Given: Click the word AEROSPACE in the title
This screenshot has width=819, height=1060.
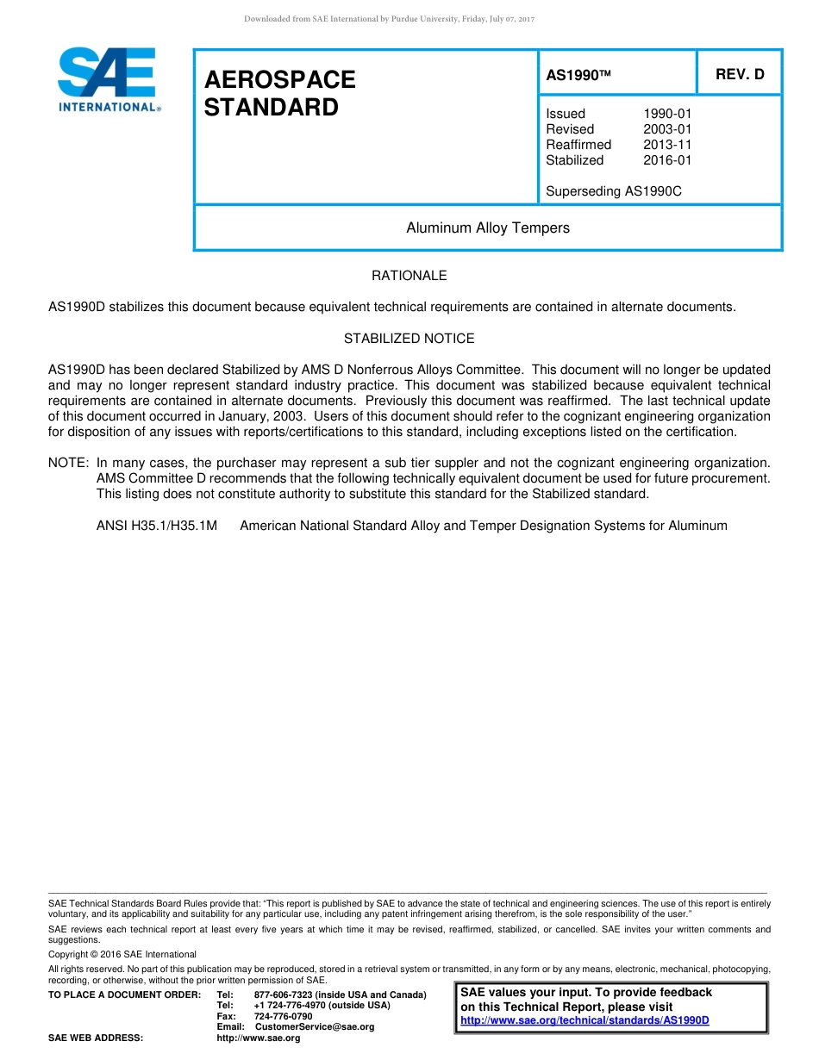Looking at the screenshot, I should click(x=279, y=79).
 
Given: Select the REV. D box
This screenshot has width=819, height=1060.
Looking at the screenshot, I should click(x=740, y=74).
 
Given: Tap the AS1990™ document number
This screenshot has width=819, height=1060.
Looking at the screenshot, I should click(x=578, y=76).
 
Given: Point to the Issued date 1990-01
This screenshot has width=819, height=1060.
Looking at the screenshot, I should click(x=667, y=114).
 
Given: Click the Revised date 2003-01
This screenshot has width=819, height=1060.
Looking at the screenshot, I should click(x=667, y=129).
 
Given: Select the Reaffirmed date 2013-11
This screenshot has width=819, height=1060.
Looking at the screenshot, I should click(x=667, y=145).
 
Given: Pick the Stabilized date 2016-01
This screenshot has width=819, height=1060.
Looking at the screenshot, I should click(x=667, y=160).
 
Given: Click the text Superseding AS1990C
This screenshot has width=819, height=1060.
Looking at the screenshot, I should click(x=613, y=191).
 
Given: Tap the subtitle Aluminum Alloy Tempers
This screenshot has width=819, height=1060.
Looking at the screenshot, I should click(x=488, y=228).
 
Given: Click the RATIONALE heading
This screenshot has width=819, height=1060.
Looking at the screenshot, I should click(x=409, y=276).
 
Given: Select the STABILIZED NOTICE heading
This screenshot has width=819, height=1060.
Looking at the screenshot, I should click(x=409, y=339).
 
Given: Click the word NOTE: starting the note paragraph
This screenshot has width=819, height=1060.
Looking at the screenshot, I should click(x=69, y=463).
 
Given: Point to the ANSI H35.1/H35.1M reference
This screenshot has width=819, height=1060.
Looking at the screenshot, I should click(x=157, y=526).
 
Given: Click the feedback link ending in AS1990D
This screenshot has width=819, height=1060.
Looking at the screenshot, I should click(x=585, y=1020).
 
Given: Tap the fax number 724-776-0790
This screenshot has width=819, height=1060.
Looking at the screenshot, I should click(x=284, y=1016).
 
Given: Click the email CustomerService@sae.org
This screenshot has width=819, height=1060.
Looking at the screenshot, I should click(x=315, y=1026).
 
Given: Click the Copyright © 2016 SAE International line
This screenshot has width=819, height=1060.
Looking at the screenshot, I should click(x=122, y=954).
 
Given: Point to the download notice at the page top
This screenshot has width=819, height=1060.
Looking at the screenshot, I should click(x=390, y=19).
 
